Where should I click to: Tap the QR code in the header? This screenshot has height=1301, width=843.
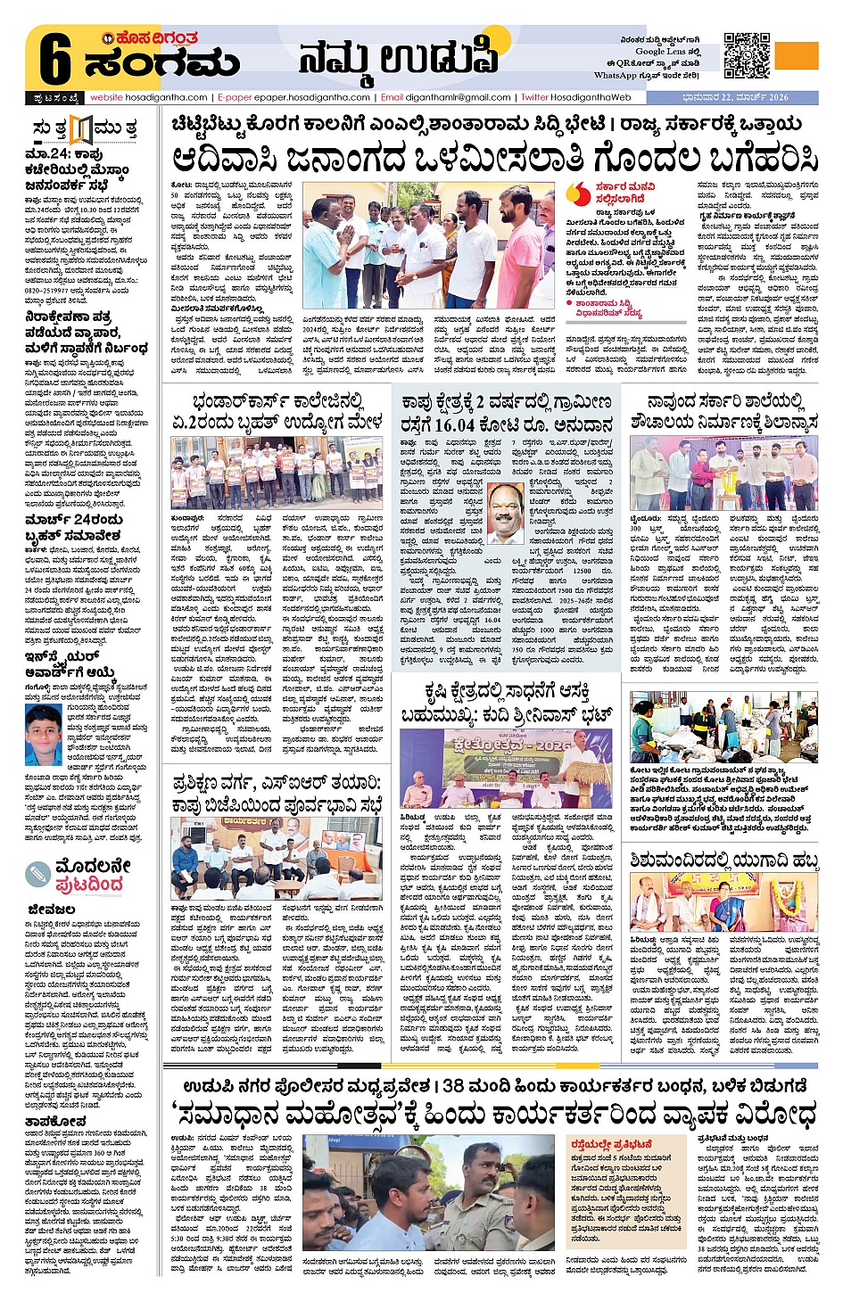tap(746, 56)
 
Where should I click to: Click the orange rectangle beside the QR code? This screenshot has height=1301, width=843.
tap(796, 56)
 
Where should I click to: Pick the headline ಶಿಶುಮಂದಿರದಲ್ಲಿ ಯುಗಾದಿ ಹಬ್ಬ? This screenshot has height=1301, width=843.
tap(723, 860)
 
